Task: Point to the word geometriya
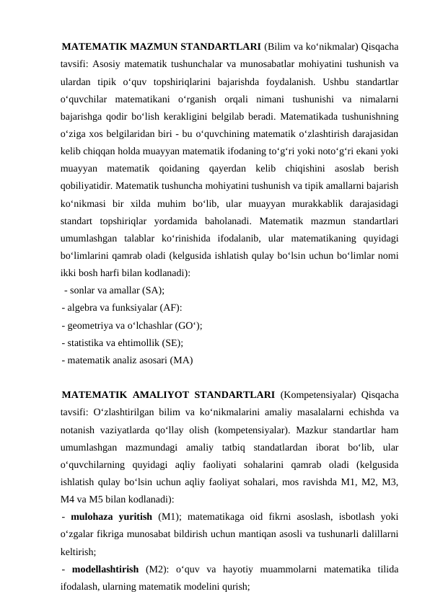click(x=95, y=324)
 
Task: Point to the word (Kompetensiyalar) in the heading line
click(x=315, y=394)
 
